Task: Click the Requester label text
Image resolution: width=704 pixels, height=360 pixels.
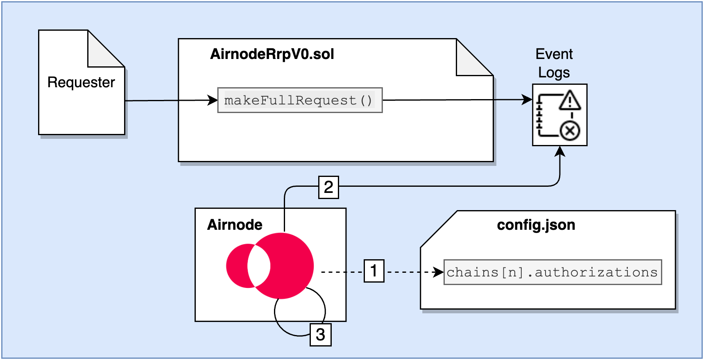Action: tap(81, 82)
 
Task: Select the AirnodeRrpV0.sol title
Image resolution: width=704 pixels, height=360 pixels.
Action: tap(272, 54)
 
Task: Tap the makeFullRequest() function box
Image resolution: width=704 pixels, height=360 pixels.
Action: tap(300, 100)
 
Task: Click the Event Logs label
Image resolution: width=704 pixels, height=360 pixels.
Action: tap(554, 63)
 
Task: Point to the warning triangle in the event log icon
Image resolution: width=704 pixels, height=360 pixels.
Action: tap(570, 101)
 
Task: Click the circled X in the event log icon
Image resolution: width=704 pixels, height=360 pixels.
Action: tap(570, 131)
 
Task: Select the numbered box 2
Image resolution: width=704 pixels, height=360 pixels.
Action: tap(328, 187)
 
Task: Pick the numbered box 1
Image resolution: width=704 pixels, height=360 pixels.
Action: tap(374, 271)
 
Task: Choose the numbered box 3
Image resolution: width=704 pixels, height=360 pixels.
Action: tap(320, 334)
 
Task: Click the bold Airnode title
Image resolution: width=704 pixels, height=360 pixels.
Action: tap(235, 225)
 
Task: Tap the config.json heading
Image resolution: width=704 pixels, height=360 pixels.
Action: tap(536, 225)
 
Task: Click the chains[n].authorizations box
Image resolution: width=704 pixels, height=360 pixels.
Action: tap(552, 272)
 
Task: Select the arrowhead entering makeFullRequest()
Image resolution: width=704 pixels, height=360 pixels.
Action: tap(213, 100)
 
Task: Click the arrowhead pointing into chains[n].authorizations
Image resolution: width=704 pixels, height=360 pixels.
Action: tap(439, 272)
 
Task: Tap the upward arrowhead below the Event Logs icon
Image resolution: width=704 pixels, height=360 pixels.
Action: tap(560, 152)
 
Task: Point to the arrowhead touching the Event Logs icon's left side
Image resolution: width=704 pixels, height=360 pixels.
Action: tap(527, 99)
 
